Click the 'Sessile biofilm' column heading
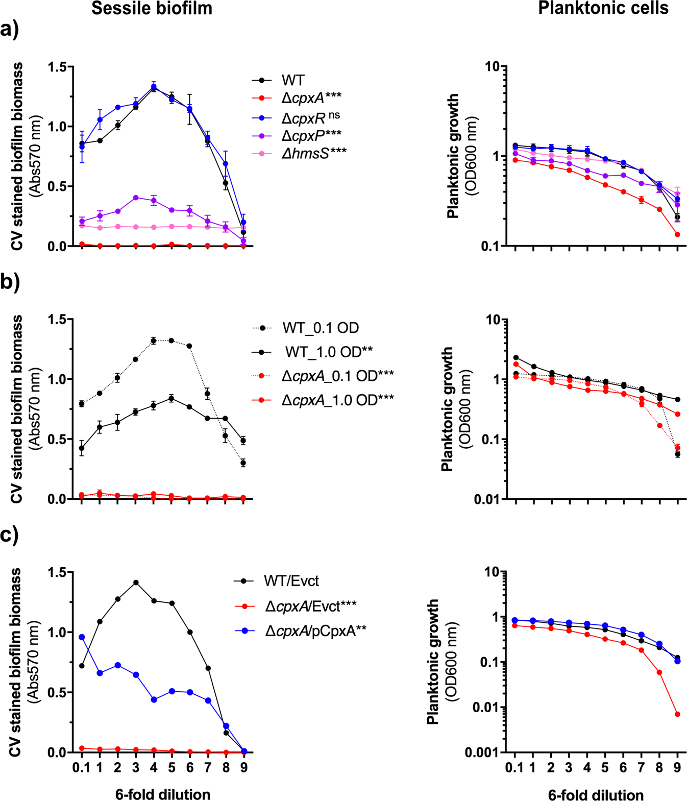click(x=152, y=8)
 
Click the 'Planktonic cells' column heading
click(x=603, y=8)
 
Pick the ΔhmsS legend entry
click(x=313, y=153)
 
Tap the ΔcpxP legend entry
click(x=311, y=135)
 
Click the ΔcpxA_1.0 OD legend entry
click(x=337, y=400)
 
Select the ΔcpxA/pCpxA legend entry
click(x=315, y=631)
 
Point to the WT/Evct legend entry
click(x=291, y=581)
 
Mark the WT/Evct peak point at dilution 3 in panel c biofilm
click(x=136, y=582)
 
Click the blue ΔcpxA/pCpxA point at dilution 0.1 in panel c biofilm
click(x=82, y=637)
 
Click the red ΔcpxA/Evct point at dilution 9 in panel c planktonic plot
click(x=677, y=714)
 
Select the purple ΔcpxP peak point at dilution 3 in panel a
click(x=136, y=198)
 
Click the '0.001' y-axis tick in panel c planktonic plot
click(x=482, y=753)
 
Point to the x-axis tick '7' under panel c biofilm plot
click(x=208, y=768)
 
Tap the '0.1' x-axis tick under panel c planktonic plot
click(x=516, y=768)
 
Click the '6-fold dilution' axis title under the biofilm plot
click(x=163, y=794)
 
